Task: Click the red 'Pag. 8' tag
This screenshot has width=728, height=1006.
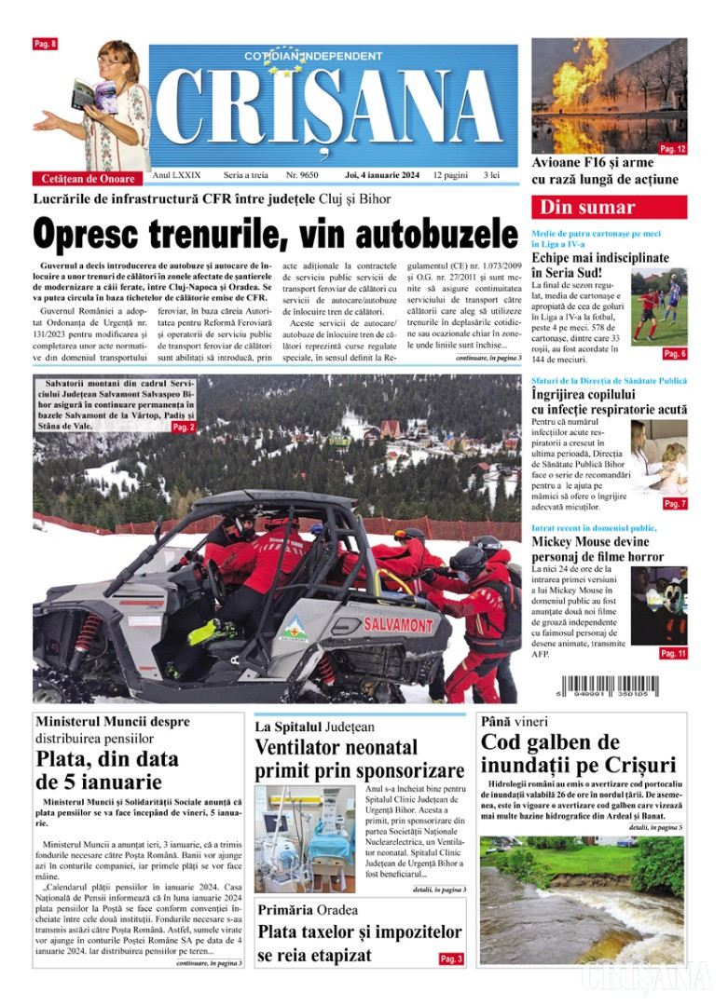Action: tap(45, 44)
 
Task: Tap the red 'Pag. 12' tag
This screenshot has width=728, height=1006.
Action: tap(672, 148)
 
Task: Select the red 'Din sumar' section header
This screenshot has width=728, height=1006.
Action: tap(609, 207)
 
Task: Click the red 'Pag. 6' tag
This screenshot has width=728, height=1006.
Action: tap(674, 354)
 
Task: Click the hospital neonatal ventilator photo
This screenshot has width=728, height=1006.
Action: tap(304, 837)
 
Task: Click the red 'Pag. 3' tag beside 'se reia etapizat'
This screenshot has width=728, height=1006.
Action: tap(451, 958)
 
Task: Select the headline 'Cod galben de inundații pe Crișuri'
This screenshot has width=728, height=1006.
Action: tap(578, 754)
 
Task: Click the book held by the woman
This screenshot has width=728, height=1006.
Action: tap(86, 95)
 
